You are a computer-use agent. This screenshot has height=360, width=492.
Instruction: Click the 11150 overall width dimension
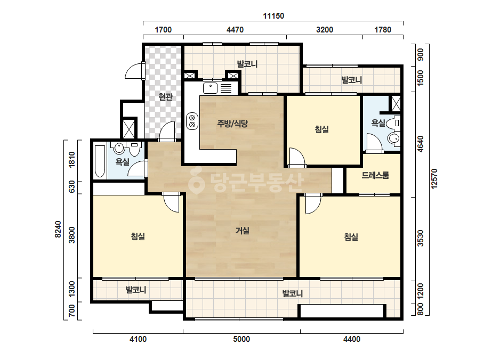(273, 15)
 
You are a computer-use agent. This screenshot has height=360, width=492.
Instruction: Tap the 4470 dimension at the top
(235, 30)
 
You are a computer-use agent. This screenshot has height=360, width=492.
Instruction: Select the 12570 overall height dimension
(434, 179)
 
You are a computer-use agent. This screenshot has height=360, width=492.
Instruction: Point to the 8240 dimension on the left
(58, 229)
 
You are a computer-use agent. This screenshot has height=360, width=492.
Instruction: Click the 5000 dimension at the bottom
(241, 339)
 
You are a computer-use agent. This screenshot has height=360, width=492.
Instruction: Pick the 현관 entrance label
(165, 97)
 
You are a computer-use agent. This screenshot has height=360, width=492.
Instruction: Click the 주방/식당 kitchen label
(232, 124)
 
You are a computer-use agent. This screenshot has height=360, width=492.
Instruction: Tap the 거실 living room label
(243, 231)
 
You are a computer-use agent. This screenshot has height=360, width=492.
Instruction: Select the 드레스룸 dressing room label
(375, 175)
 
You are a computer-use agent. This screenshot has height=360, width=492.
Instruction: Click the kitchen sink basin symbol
(210, 88)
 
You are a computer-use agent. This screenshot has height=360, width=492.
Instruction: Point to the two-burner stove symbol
(192, 121)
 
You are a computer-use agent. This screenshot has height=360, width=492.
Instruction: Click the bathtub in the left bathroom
(100, 161)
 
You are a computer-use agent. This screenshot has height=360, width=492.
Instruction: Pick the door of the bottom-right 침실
(313, 203)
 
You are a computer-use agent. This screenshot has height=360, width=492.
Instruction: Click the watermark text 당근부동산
(246, 182)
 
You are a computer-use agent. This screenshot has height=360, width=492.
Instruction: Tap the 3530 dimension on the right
(421, 239)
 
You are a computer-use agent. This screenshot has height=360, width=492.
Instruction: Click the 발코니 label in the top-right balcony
(352, 80)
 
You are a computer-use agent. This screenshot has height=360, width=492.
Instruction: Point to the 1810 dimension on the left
(72, 160)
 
